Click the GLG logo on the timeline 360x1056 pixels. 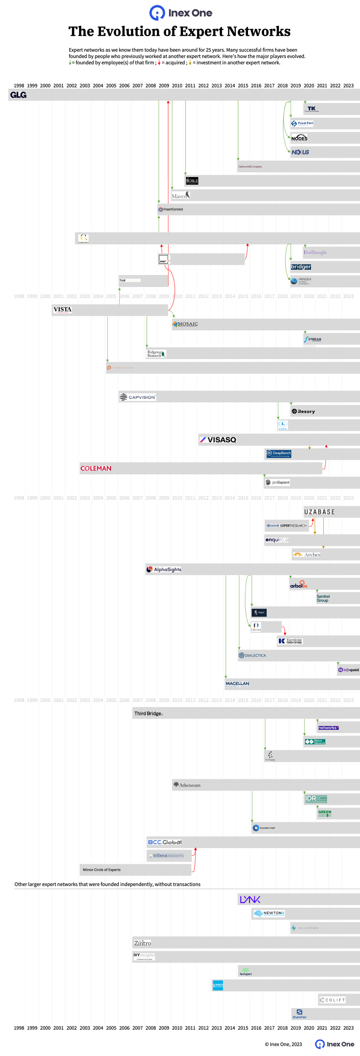(x=19, y=95)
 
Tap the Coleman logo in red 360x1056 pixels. (x=96, y=468)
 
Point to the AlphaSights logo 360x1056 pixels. (x=164, y=569)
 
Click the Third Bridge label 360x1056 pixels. (x=148, y=713)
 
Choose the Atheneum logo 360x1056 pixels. (x=187, y=785)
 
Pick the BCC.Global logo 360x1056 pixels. (x=165, y=842)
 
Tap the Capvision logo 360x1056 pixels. (x=138, y=397)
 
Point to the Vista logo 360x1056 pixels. (x=62, y=310)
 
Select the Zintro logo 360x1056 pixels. (x=142, y=943)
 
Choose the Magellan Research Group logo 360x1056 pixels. (x=238, y=684)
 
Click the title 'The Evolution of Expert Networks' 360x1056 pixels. (x=179, y=32)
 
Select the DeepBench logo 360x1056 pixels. (x=278, y=453)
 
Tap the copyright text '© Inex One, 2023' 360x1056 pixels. (x=283, y=1044)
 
